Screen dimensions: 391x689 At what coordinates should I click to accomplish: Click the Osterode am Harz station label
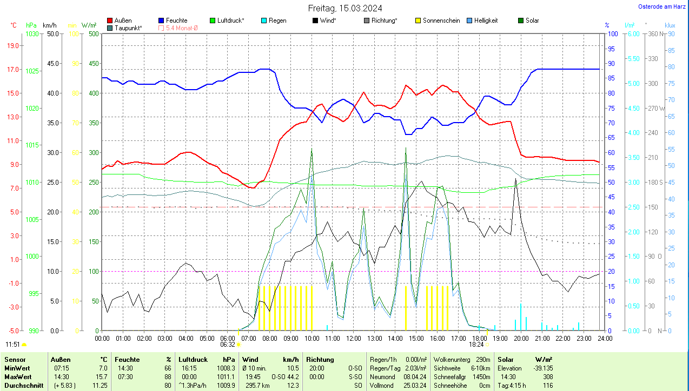coord(661,6)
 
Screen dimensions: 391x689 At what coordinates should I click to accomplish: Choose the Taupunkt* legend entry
coord(128,28)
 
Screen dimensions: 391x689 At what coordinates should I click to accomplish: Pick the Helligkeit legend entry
coord(486,21)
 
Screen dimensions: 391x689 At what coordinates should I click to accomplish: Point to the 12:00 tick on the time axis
coord(353,339)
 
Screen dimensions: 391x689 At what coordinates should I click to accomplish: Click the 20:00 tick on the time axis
coord(521,339)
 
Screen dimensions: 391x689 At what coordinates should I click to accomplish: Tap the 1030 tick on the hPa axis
coord(32,34)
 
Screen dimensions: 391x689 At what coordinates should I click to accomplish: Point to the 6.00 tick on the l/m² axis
coord(632,34)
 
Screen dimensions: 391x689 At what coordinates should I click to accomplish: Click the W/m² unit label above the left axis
coord(89,25)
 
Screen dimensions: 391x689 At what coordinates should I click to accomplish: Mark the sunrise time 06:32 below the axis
coord(228,345)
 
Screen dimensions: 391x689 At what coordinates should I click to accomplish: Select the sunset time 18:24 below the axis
coord(476,345)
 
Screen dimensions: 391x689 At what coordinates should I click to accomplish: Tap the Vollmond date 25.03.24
coord(414,386)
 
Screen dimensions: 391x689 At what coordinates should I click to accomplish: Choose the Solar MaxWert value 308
coord(547,376)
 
